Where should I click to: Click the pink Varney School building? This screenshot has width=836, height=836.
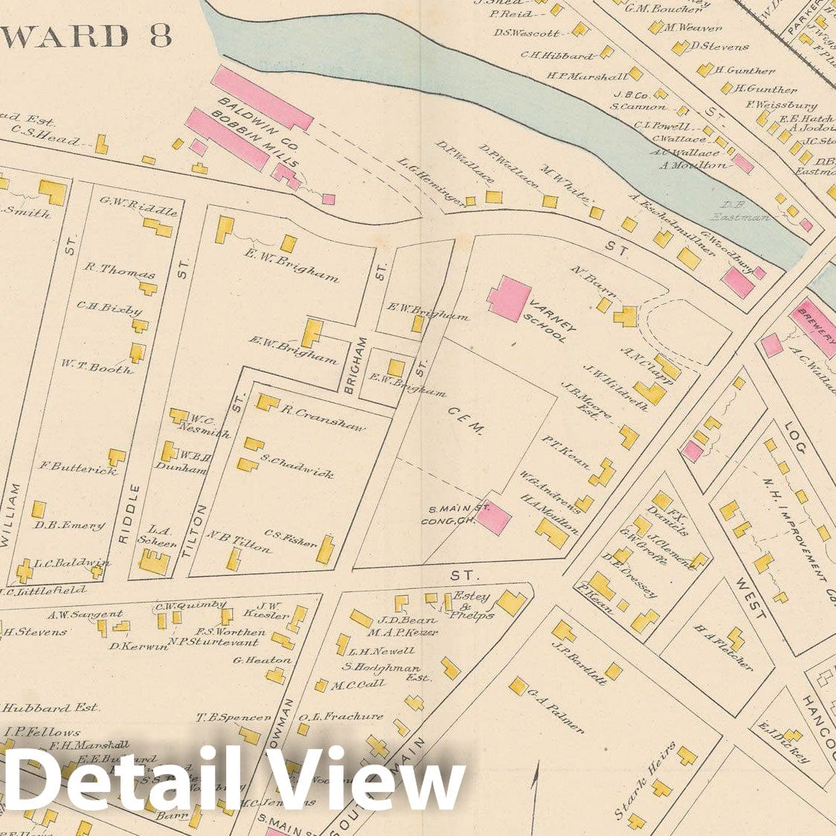click(509, 299)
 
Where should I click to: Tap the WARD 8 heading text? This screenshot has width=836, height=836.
click(87, 36)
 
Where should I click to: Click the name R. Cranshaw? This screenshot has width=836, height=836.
click(323, 419)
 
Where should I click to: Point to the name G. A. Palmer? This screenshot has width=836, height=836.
click(556, 710)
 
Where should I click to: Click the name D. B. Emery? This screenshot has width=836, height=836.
click(69, 525)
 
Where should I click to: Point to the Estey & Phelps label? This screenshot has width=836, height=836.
click(470, 605)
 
